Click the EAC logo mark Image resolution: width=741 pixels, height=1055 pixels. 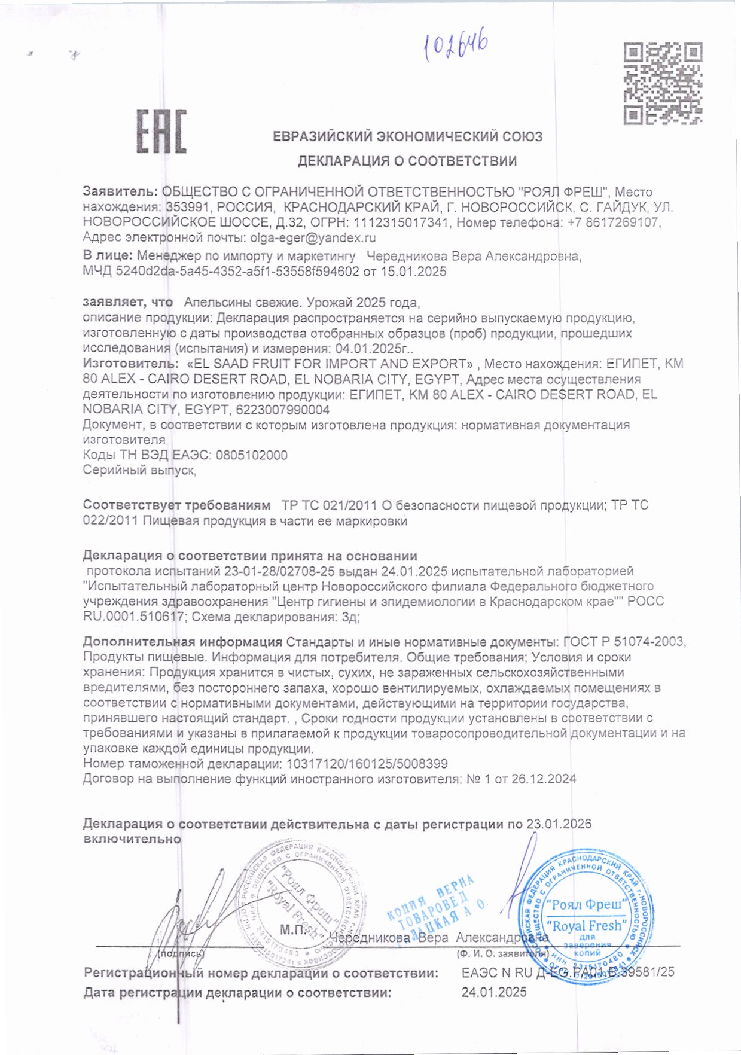(161, 131)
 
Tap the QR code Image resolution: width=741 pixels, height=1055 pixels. (663, 83)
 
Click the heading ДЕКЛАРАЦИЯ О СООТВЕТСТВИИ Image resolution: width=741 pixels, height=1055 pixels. (407, 161)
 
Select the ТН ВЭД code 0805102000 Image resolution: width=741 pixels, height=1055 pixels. (251, 455)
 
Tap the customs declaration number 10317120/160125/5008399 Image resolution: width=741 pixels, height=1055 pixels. (367, 764)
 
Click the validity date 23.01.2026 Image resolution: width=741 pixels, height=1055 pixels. (559, 824)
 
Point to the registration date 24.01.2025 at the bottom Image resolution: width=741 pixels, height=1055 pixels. (494, 993)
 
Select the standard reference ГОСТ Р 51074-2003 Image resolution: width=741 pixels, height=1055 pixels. (624, 642)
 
